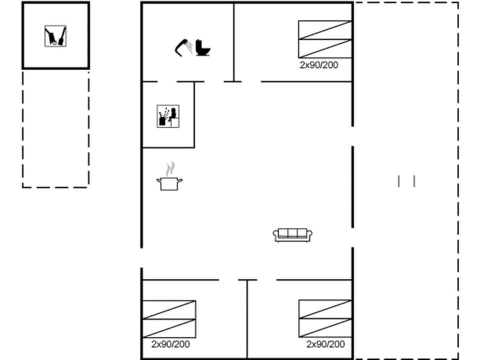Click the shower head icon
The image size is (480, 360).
(183, 48)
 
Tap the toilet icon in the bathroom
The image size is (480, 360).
(202, 48)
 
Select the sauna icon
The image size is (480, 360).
(168, 116)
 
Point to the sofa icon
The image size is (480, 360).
(292, 235)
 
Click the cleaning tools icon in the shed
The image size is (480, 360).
(55, 36)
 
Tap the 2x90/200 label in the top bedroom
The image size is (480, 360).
(319, 65)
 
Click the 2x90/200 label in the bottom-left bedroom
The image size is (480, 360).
(170, 344)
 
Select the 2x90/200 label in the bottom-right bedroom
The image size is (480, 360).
(325, 344)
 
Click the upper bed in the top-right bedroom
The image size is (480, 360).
(325, 30)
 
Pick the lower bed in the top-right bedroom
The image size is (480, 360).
(325, 48)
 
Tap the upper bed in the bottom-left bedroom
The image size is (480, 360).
(169, 310)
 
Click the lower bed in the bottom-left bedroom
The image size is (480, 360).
(169, 328)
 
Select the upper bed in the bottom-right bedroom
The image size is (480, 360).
(325, 309)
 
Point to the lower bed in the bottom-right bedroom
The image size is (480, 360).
(325, 328)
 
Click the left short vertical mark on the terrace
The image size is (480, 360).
(398, 181)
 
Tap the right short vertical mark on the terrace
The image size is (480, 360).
(414, 181)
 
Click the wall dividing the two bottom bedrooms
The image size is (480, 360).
(247, 319)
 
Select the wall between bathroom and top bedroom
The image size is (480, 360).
(234, 42)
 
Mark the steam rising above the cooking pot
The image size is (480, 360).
(170, 169)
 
